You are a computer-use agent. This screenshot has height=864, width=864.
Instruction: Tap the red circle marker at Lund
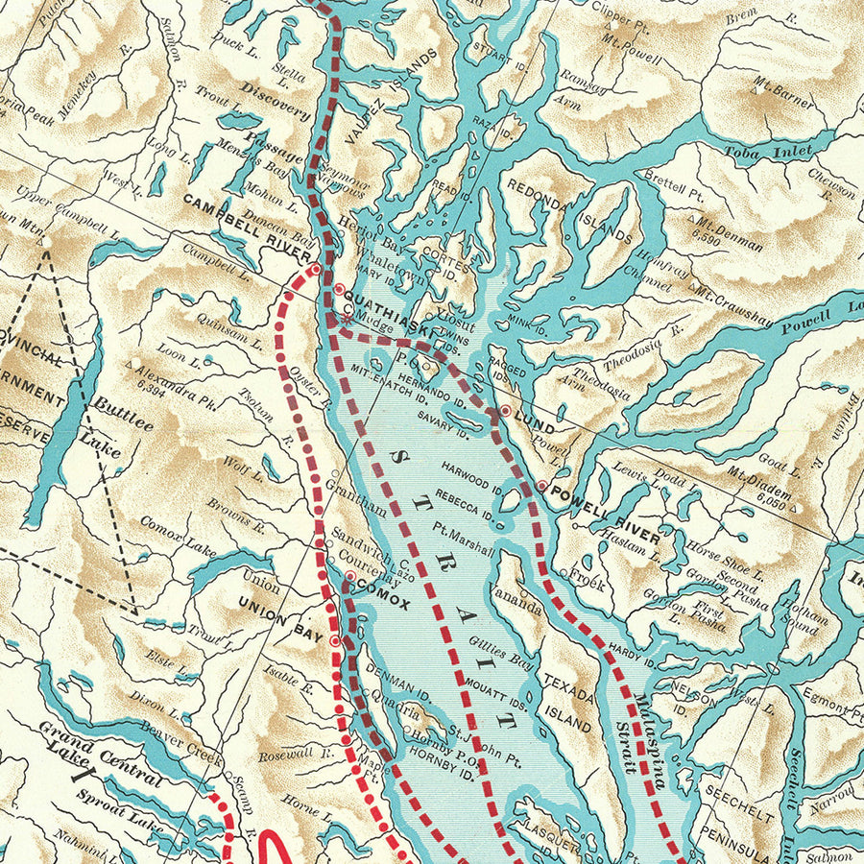coord(505,411)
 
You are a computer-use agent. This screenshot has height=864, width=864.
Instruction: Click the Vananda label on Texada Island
coord(516,599)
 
